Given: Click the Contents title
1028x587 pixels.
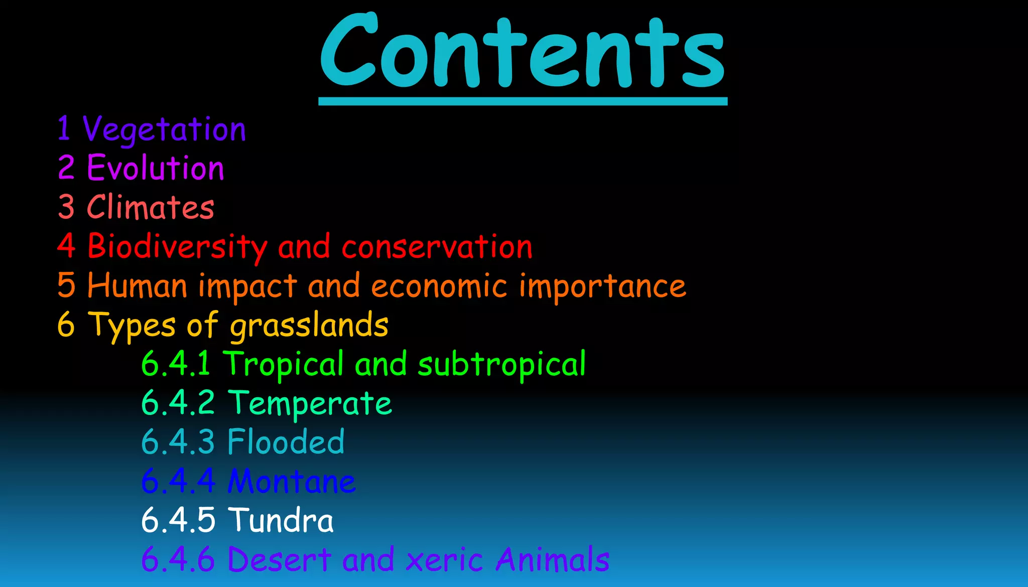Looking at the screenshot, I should point(523,53).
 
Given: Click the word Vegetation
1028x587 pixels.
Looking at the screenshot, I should point(164,130).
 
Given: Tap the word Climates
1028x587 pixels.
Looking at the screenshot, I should point(151,207).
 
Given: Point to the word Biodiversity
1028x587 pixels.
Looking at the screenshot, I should point(177,246).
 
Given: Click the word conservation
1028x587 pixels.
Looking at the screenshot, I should point(437,246).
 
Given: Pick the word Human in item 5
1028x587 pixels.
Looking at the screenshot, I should point(137,285).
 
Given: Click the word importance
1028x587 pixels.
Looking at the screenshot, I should point(602,286).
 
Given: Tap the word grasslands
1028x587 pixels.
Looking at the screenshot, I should point(309,326).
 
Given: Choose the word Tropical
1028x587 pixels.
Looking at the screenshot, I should point(284,364).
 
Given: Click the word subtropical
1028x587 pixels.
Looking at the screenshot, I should point(502,364).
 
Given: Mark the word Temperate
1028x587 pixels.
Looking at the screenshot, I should point(310,403).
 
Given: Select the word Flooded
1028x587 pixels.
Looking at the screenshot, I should point(286,442).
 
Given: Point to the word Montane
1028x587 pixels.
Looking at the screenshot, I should point(292,481).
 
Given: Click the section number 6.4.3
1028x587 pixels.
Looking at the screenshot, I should point(178,442).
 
